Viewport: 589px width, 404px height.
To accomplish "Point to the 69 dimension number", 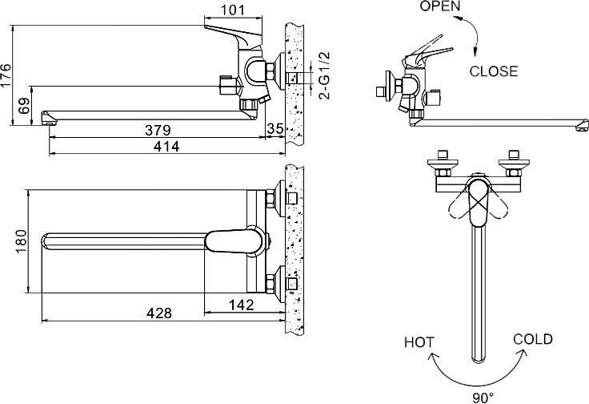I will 24,105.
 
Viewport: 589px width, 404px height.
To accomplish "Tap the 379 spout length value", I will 156,129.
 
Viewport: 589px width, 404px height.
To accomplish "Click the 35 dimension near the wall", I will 275,129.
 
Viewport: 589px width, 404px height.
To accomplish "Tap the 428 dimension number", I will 159,313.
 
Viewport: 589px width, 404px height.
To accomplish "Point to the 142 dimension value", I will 240,305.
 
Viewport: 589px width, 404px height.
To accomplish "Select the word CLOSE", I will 493,71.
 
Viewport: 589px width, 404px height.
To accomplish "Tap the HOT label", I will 419,343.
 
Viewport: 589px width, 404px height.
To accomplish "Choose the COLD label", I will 533,339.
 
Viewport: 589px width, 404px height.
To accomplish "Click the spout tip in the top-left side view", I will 46,120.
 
